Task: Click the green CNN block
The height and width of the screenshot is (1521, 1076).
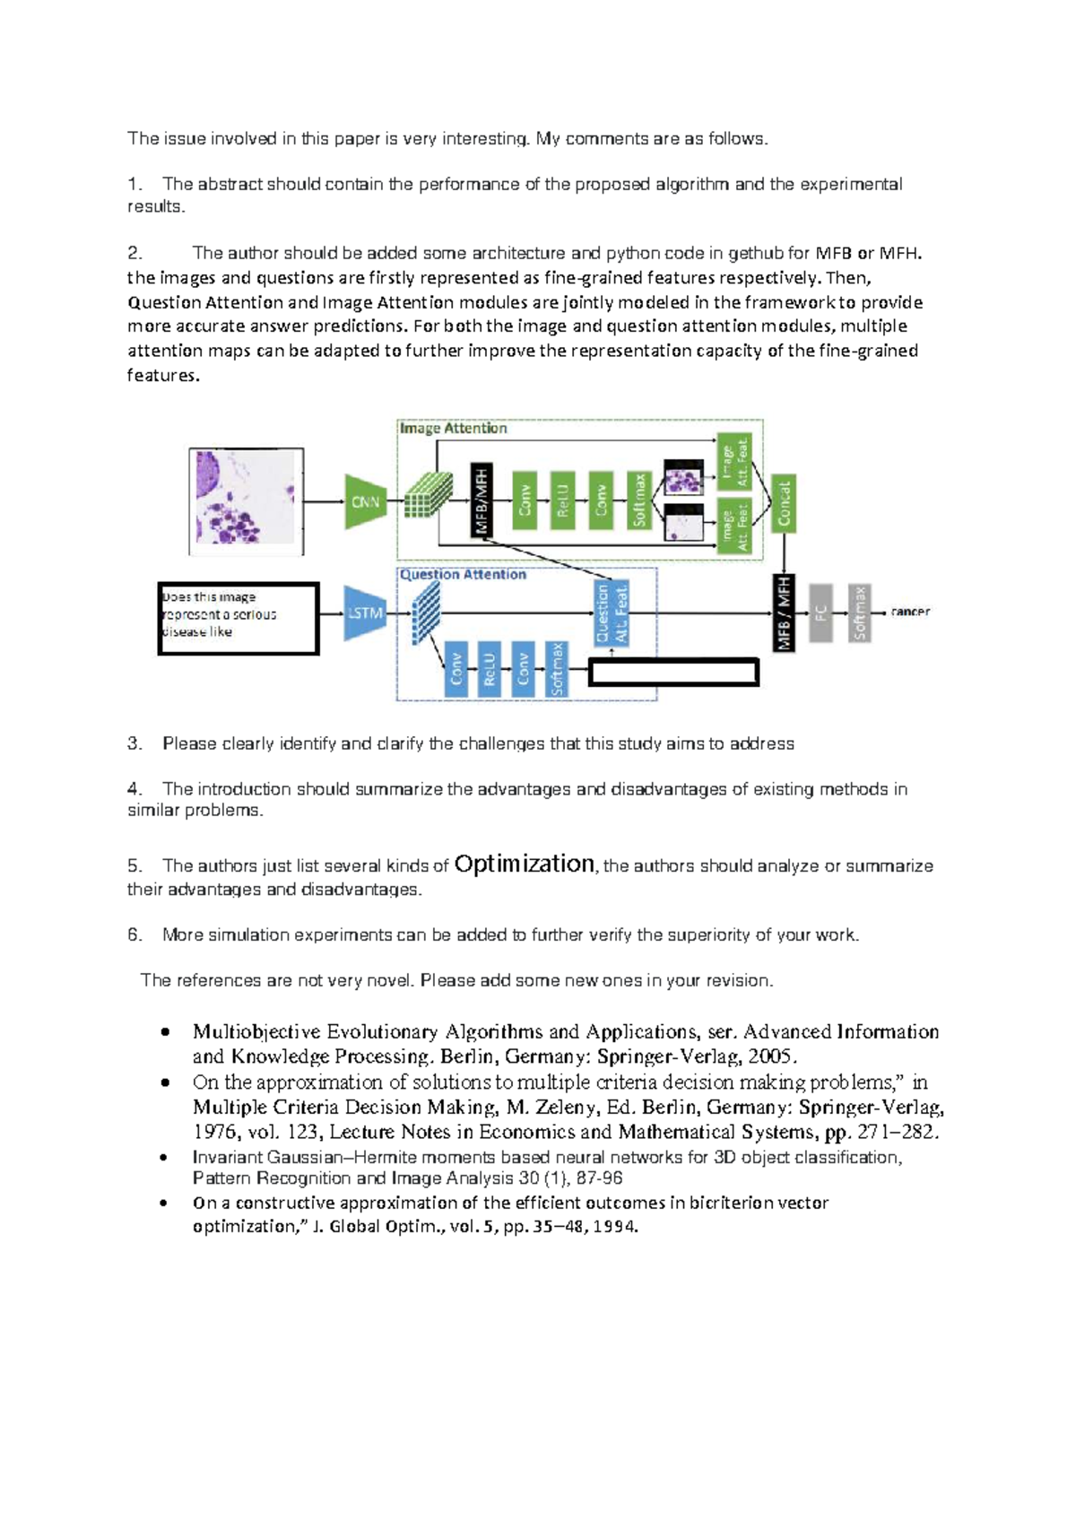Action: tap(365, 501)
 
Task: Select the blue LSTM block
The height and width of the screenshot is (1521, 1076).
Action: tap(364, 613)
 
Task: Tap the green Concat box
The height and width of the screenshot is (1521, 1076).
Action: tap(784, 503)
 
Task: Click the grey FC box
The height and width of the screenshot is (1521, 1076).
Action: tap(820, 613)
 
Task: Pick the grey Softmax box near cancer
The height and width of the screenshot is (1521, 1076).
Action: tap(859, 613)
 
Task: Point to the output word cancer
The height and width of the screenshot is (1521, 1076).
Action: tap(909, 612)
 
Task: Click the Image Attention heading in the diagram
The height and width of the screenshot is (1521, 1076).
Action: tap(454, 429)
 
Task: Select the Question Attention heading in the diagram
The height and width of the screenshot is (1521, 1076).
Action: tap(463, 575)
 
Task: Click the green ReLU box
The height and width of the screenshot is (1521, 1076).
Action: tap(563, 500)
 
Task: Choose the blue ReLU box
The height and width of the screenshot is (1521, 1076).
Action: tap(489, 669)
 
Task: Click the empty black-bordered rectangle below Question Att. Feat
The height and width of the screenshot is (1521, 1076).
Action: tap(673, 673)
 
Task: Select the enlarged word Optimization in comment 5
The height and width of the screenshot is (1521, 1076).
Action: tap(524, 864)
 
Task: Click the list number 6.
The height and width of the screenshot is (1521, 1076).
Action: tap(134, 934)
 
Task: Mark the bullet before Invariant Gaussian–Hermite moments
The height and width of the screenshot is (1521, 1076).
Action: tap(164, 1157)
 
